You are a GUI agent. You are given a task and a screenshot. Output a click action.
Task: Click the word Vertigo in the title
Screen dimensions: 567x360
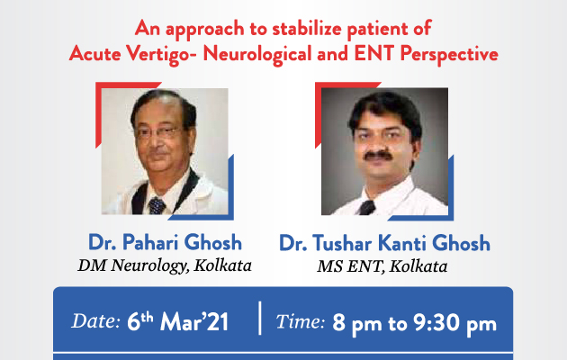[157, 55]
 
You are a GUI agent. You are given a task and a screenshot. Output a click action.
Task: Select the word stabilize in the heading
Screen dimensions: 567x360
[306, 28]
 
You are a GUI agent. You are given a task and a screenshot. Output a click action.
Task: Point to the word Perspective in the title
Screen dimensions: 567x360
[449, 55]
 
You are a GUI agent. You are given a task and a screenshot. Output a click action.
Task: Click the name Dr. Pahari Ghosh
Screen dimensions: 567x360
[166, 242]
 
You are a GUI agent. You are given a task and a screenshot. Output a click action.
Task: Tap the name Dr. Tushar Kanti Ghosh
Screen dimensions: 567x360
[384, 242]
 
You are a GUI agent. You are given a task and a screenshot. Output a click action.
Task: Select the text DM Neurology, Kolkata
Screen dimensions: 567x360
[165, 265]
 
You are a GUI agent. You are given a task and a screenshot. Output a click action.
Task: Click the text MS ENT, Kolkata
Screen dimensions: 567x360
[382, 266]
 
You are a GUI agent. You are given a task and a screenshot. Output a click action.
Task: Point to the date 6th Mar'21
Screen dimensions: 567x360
[177, 321]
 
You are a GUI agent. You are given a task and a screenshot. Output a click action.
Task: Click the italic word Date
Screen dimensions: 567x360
[95, 320]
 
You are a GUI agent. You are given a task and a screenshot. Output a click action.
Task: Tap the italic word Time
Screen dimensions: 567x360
[301, 321]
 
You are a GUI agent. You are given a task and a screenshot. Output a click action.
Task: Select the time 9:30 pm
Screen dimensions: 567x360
[455, 323]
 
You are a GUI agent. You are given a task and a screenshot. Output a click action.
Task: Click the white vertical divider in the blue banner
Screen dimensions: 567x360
[260, 318]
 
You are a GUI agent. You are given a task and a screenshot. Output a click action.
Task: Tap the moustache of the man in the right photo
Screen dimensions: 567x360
[378, 156]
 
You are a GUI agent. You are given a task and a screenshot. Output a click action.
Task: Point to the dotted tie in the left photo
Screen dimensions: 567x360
[157, 205]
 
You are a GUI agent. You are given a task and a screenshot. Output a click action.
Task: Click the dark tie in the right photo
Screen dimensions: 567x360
[367, 208]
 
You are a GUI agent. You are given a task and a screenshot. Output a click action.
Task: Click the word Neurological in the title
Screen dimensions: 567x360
[257, 55]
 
